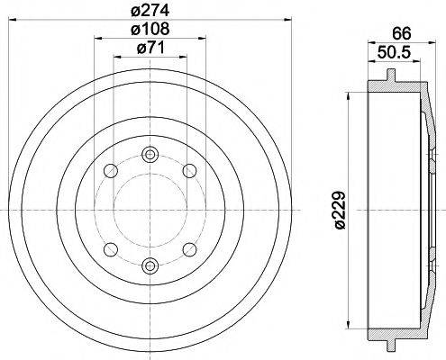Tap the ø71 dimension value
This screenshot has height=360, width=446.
149,49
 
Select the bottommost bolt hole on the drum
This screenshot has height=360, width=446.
150,264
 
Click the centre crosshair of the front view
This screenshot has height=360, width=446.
150,209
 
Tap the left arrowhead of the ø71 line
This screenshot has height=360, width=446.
114,58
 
